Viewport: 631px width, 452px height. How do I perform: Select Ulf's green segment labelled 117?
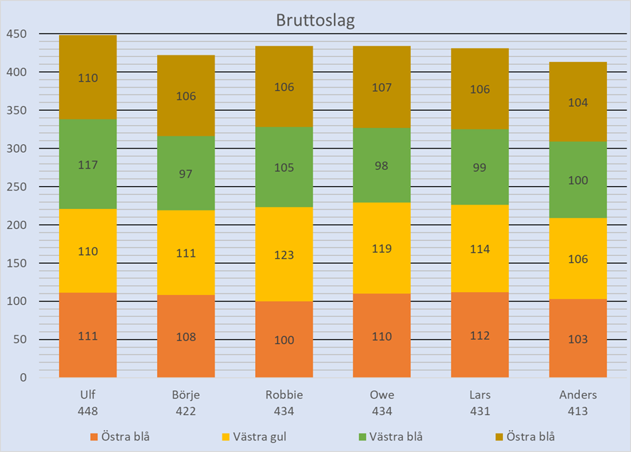(x=88, y=164)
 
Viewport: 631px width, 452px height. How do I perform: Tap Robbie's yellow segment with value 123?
(x=284, y=254)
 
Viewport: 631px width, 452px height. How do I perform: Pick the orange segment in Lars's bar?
(x=480, y=335)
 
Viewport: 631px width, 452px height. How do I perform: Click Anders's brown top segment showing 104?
(x=578, y=102)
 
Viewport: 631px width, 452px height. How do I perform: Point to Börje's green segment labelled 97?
(x=186, y=173)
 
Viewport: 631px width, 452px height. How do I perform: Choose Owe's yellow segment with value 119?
(x=382, y=249)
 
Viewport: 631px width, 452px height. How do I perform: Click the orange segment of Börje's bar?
(x=186, y=336)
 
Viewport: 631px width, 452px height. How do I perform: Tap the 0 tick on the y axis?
(x=23, y=377)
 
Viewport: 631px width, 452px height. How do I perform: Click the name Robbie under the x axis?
(x=284, y=395)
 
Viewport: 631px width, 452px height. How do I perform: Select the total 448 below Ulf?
(x=88, y=411)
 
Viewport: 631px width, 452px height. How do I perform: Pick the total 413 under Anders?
(x=578, y=411)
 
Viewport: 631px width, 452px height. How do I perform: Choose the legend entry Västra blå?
(x=395, y=436)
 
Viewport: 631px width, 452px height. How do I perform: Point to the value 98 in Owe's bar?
(x=382, y=165)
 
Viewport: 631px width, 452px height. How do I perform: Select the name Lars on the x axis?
(x=480, y=395)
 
